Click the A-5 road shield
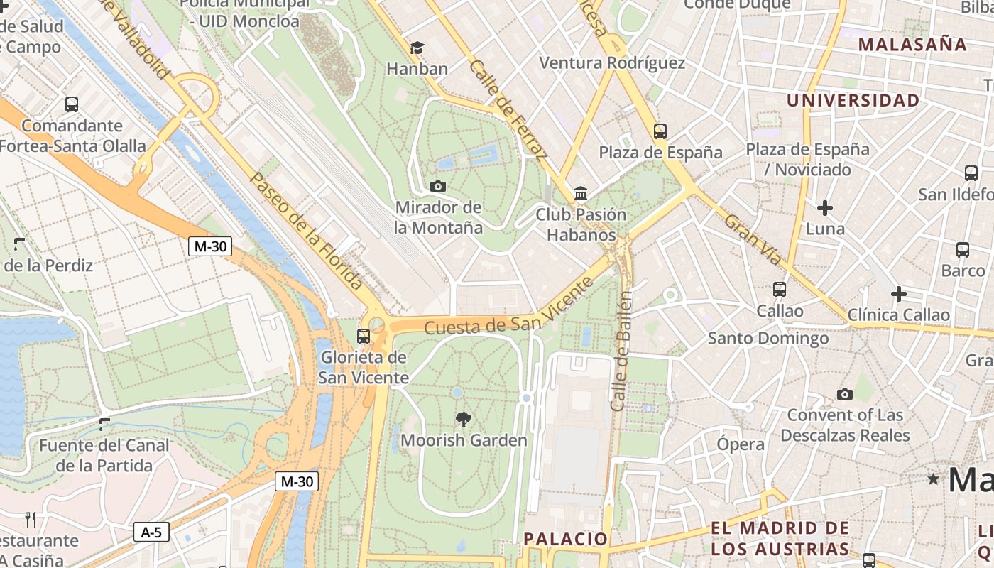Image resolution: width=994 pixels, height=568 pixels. tap(151, 532)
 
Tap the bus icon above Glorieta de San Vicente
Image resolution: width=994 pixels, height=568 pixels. tap(364, 336)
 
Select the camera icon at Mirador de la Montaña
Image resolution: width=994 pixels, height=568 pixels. tap(438, 186)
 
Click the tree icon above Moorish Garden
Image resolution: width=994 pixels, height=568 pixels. tap(464, 419)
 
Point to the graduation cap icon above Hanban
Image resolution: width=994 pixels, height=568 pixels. tap(417, 48)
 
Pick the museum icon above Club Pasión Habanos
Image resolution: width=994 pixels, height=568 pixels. tap(581, 193)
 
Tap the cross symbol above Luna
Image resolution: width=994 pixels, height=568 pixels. tap(824, 208)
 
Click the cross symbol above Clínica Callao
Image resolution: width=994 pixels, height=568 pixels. tap(898, 293)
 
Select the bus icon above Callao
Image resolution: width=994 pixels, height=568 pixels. tap(780, 290)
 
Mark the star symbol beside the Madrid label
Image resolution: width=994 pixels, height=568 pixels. tap(933, 479)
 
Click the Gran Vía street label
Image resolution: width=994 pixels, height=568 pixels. tap(753, 240)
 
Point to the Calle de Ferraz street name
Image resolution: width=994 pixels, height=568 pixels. tap(508, 110)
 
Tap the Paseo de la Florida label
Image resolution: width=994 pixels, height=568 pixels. tap(307, 231)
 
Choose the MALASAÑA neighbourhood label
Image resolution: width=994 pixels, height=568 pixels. tap(912, 44)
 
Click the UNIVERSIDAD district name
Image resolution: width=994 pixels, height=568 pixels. tap(853, 100)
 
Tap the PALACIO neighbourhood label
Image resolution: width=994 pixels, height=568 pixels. tap(566, 539)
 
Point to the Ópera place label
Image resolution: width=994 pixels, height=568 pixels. tap(741, 444)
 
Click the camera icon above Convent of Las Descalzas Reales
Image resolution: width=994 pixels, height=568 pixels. tap(844, 394)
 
